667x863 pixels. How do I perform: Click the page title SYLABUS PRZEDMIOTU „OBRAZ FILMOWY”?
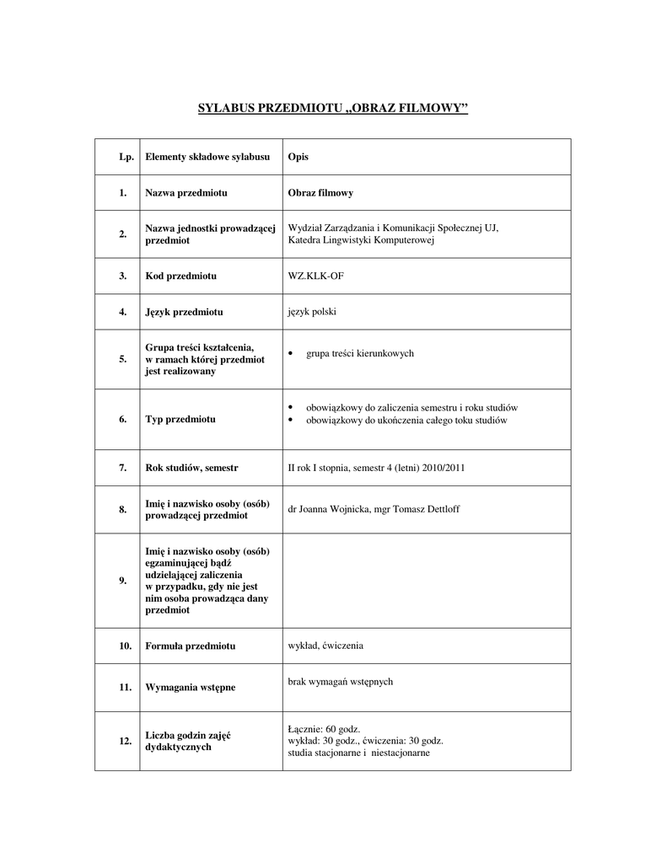click(x=332, y=108)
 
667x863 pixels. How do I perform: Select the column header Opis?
click(x=298, y=157)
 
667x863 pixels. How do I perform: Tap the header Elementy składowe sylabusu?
click(x=207, y=157)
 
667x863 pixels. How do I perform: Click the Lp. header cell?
click(x=126, y=157)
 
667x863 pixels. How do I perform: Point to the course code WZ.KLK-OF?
click(x=316, y=276)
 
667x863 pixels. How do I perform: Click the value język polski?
click(x=312, y=311)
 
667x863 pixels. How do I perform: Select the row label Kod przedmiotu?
click(x=181, y=276)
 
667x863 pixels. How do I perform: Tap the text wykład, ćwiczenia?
click(x=325, y=646)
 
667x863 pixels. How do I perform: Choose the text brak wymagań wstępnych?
click(x=341, y=681)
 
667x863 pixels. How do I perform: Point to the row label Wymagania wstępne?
click(x=191, y=688)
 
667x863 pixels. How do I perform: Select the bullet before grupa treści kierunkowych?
click(x=290, y=354)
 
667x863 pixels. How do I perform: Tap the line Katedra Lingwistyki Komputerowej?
click(x=360, y=240)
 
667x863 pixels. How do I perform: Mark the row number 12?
click(x=125, y=741)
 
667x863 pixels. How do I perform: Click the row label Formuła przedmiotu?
click(x=191, y=646)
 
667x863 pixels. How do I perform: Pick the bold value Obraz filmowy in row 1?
click(x=320, y=193)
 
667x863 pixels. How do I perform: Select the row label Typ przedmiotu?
click(x=180, y=419)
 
